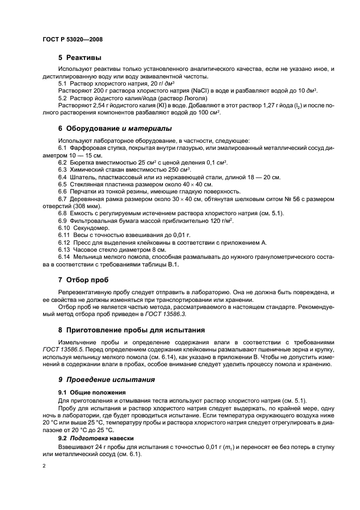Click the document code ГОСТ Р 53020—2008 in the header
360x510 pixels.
(x=72, y=39)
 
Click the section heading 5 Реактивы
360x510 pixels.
(x=80, y=57)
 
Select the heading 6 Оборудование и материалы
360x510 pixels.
(x=115, y=129)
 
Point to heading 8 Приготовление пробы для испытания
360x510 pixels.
(x=131, y=329)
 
